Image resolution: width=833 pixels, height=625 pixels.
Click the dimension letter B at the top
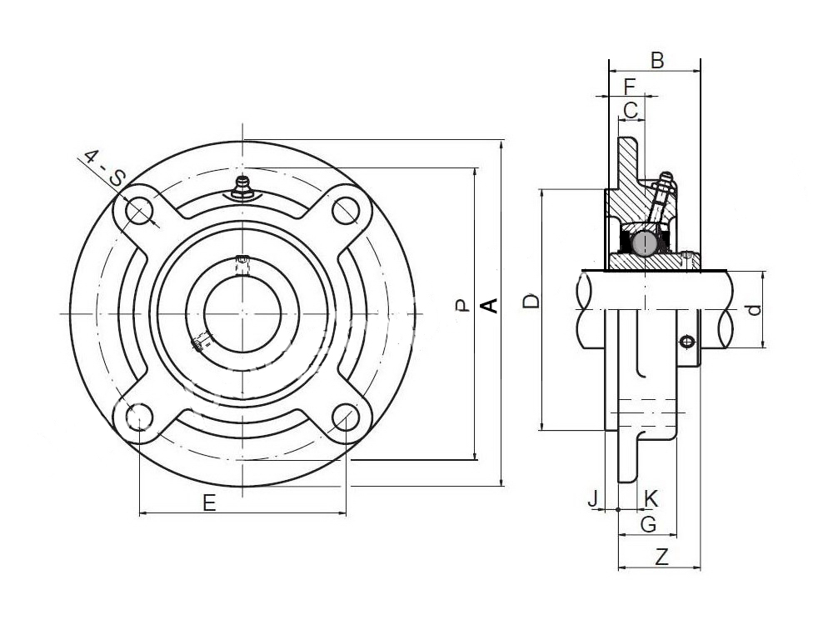[657, 61]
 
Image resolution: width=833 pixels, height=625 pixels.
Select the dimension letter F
[630, 87]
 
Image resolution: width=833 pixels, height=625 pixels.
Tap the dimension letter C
[631, 111]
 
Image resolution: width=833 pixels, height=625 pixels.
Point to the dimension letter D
[531, 302]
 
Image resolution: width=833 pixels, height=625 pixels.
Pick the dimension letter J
[594, 499]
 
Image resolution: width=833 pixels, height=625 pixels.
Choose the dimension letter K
[651, 499]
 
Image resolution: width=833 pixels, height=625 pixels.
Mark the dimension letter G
[649, 524]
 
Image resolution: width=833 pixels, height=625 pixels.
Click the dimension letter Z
[661, 557]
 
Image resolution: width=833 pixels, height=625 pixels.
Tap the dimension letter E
[210, 502]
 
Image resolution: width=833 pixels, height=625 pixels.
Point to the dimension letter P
[462, 306]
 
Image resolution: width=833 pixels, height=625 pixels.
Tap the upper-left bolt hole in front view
[138, 212]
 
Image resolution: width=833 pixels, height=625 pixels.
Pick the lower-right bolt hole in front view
[345, 416]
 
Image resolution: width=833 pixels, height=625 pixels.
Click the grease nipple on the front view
[242, 188]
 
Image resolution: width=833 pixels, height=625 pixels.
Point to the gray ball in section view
[645, 243]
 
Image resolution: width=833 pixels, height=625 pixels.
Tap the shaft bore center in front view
[242, 313]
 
